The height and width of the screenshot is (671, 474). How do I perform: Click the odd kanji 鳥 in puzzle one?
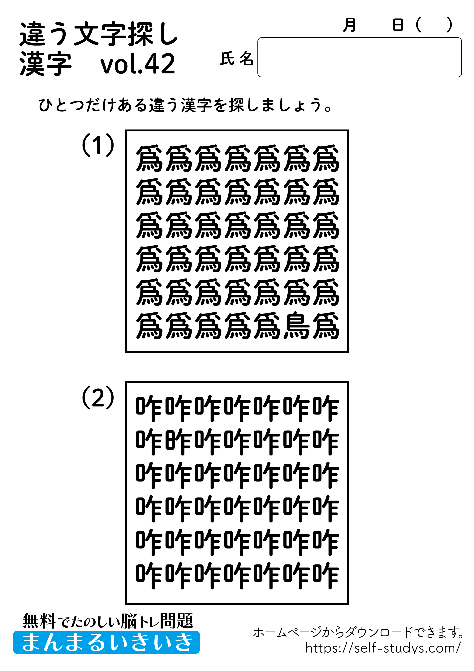tap(297, 326)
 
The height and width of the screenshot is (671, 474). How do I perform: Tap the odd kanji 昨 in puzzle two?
tap(178, 442)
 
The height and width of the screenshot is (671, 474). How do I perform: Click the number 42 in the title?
tap(160, 64)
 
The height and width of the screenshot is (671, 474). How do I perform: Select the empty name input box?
tap(359, 57)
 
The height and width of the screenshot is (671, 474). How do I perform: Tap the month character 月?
tap(349, 25)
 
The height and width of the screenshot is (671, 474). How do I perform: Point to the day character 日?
tap(398, 25)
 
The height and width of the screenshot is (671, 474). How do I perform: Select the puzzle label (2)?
tap(98, 397)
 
